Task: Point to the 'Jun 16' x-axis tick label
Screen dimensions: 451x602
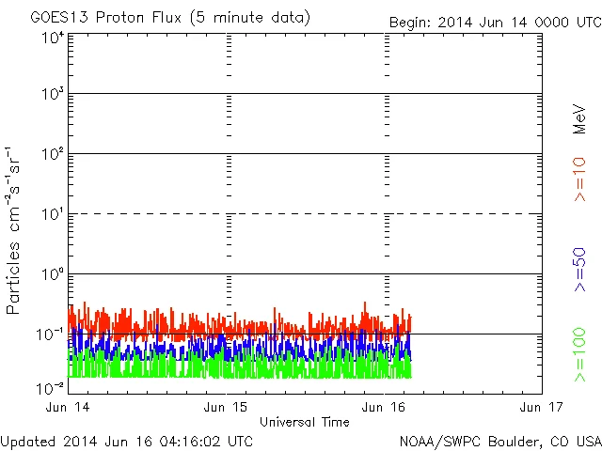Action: point(385,407)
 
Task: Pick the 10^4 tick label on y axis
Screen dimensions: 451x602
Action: point(53,38)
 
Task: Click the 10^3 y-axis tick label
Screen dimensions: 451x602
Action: point(53,95)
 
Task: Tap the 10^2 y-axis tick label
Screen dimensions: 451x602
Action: point(53,155)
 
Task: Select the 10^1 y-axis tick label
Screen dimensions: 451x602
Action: point(53,215)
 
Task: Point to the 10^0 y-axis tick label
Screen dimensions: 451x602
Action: point(53,275)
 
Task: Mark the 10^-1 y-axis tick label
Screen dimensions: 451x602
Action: point(52,334)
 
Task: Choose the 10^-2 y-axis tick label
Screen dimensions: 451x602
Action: point(52,387)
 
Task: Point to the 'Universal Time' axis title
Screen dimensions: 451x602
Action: point(305,422)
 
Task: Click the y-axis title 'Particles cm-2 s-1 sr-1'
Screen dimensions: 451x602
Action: point(16,230)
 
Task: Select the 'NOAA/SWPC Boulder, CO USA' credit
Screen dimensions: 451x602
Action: point(499,441)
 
